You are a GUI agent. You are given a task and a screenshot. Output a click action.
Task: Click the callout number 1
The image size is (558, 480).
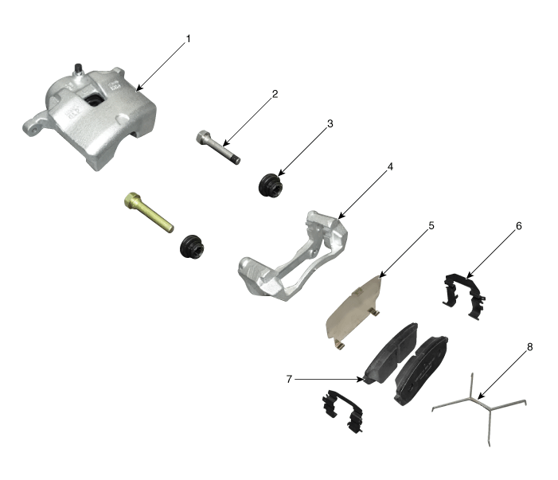[188, 39]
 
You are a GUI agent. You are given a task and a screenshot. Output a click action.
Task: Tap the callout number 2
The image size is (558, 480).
[275, 94]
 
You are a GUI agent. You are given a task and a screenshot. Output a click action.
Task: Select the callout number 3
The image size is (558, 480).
[330, 124]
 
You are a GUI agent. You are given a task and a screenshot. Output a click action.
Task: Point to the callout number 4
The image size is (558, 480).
[390, 166]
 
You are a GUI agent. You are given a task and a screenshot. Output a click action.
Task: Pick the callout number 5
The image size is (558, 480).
[431, 225]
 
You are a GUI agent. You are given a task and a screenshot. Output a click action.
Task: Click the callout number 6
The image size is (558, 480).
[518, 226]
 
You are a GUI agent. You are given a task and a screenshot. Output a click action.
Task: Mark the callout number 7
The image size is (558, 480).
[289, 379]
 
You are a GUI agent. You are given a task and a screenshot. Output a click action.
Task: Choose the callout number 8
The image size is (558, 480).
[529, 347]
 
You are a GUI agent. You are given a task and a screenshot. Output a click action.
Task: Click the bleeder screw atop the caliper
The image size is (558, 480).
[77, 69]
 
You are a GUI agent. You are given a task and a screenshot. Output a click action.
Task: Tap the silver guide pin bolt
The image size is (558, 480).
[218, 147]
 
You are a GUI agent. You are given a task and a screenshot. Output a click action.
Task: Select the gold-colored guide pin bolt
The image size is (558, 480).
[149, 213]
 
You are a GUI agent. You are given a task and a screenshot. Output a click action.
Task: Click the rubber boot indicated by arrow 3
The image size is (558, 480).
[271, 185]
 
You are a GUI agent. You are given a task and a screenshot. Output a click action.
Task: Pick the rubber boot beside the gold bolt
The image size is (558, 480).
[192, 246]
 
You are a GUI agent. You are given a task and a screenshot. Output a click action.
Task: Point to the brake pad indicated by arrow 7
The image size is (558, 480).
[392, 354]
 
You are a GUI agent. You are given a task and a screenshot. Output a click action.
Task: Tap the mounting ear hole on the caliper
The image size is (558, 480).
[34, 131]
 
